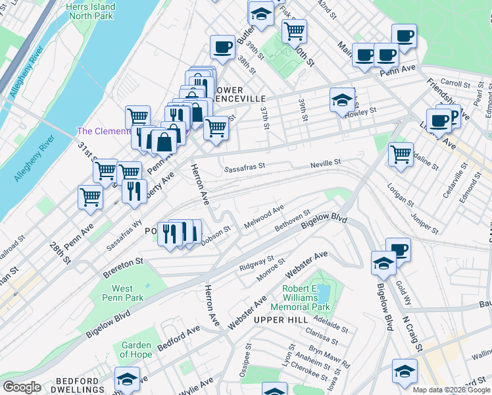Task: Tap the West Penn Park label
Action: click(x=122, y=293)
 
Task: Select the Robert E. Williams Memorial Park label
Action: click(x=306, y=298)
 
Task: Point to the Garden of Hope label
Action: click(x=136, y=350)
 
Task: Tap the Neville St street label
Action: click(x=326, y=162)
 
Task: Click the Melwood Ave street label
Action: click(x=264, y=216)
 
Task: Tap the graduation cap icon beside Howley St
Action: click(x=341, y=100)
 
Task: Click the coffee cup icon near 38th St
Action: click(x=222, y=47)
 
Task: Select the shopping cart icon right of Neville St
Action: click(x=401, y=155)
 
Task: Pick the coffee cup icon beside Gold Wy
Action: click(x=397, y=250)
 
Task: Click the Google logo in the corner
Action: click(x=22, y=387)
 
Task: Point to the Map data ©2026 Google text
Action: click(x=452, y=390)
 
